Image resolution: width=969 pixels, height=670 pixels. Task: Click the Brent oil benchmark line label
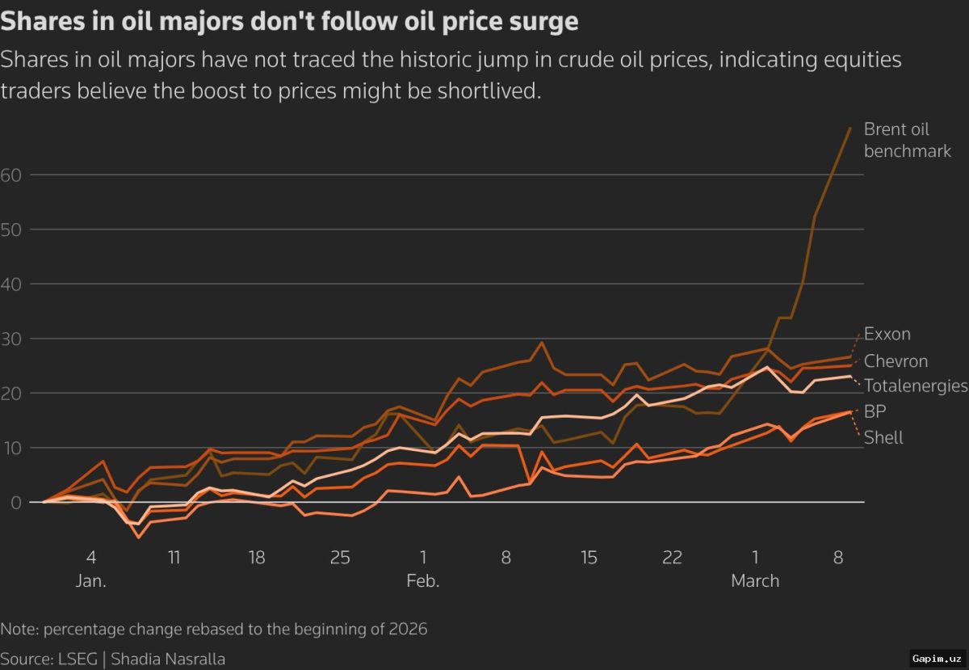[x=907, y=140]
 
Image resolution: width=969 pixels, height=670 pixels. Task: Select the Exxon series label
[x=887, y=334]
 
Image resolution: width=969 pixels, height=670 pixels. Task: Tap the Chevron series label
[x=896, y=361]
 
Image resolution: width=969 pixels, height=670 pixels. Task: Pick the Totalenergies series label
[x=916, y=386]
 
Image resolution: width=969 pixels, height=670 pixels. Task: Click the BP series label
[x=875, y=412]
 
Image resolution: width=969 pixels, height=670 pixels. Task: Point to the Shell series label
[x=883, y=438]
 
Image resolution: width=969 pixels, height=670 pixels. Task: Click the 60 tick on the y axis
[x=10, y=175]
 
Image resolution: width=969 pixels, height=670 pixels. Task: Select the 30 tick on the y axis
[x=10, y=339]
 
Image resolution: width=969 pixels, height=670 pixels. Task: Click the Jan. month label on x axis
[x=91, y=581]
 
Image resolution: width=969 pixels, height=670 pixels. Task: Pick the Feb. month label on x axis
[x=422, y=581]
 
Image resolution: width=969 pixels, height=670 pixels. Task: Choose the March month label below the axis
[x=755, y=581]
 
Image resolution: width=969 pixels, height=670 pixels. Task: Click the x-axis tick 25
[x=340, y=558]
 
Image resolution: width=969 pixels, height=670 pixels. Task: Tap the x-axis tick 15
[x=589, y=558]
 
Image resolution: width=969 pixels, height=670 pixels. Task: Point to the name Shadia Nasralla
[x=168, y=659]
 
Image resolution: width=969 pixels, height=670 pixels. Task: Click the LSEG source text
[x=75, y=659]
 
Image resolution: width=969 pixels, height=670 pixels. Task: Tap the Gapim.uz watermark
[x=937, y=659]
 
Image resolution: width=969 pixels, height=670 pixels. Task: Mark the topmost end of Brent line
[x=850, y=128]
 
